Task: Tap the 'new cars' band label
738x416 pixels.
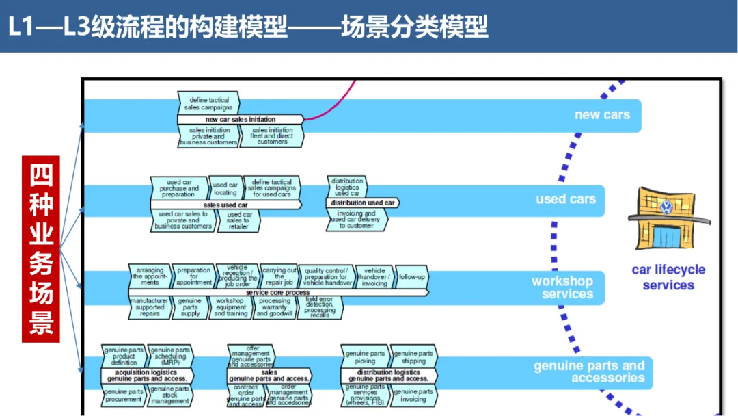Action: pos(601,114)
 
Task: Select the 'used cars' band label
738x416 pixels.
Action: pos(565,199)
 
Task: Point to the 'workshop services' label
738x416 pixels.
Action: pos(562,287)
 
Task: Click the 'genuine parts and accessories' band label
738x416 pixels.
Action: pos(589,372)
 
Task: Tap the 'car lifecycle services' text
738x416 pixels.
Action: pos(668,277)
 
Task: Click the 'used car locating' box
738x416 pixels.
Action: pos(225,188)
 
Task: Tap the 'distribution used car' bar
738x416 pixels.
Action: pos(362,203)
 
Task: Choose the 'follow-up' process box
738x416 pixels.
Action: pos(411,277)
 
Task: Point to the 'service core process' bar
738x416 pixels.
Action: pos(278,292)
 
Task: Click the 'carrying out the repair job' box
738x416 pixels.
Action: pos(279,276)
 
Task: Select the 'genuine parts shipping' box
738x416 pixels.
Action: pos(414,357)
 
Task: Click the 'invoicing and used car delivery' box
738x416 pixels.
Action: pos(357,220)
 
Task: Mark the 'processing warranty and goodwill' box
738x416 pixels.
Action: pos(275,307)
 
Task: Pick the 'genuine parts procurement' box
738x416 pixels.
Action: pos(124,396)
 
